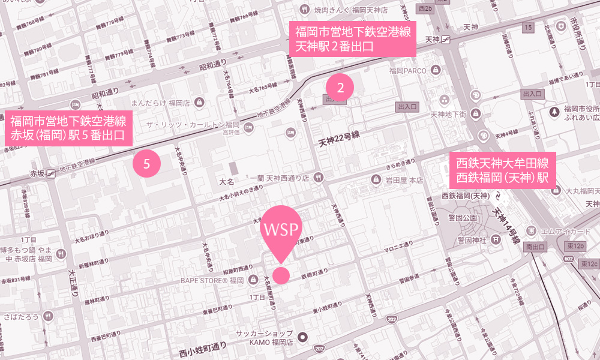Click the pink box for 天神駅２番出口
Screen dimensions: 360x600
(x=353, y=40)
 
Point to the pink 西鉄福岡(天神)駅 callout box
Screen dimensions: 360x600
(x=503, y=170)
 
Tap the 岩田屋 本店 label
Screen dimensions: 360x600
(x=404, y=179)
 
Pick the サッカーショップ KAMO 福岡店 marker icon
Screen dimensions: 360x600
(x=303, y=337)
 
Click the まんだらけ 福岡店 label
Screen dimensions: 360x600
(x=160, y=103)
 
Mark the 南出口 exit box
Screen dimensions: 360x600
(x=535, y=247)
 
